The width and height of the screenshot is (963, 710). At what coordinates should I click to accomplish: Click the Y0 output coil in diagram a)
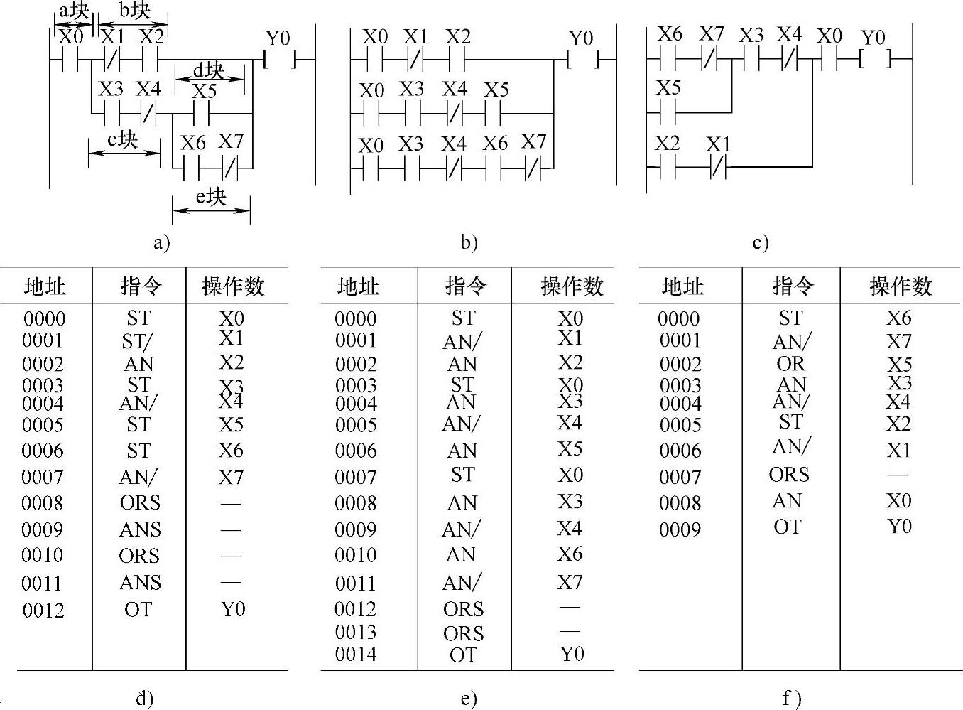click(278, 60)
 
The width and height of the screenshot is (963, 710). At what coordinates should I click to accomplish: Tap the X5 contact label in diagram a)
click(204, 92)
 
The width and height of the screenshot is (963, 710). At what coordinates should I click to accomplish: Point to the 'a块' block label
click(74, 11)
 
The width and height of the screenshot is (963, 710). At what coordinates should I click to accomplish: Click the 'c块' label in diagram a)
click(122, 139)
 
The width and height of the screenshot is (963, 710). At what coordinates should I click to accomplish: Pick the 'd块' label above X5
click(209, 71)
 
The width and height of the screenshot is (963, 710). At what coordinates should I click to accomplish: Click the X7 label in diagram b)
click(533, 141)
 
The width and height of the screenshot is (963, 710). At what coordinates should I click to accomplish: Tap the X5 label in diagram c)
click(668, 87)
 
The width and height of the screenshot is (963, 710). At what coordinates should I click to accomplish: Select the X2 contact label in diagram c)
click(667, 144)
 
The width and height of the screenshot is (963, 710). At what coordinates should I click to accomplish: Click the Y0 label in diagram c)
click(873, 37)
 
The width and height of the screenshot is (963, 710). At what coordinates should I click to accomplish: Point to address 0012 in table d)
click(43, 610)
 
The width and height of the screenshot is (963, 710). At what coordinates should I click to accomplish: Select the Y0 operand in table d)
click(233, 609)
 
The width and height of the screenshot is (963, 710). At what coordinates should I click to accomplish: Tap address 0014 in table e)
click(356, 654)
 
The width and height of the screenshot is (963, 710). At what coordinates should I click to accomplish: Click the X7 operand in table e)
click(570, 582)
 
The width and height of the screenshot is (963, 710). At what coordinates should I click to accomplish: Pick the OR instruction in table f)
click(790, 363)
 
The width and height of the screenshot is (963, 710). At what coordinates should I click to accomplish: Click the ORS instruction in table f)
click(788, 474)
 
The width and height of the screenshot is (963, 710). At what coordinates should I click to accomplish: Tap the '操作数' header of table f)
click(900, 286)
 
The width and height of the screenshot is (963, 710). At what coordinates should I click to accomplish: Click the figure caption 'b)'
click(468, 242)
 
